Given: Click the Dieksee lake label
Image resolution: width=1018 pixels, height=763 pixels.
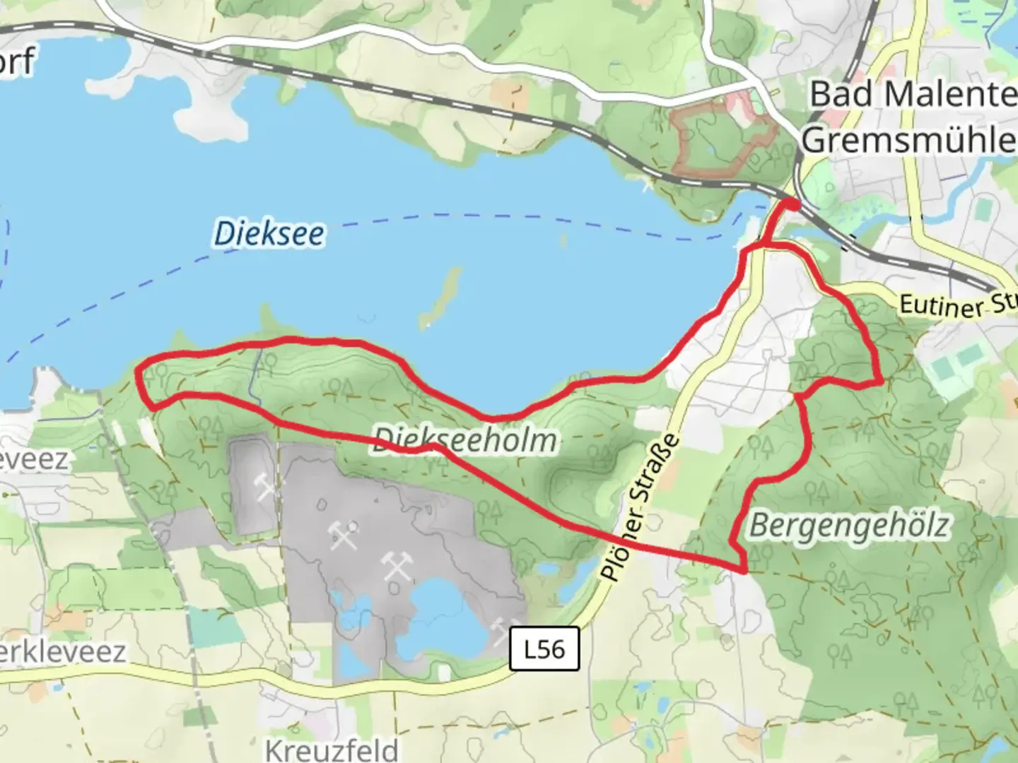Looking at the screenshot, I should click(269, 233).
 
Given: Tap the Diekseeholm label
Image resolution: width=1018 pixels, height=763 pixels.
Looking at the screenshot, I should click(464, 440).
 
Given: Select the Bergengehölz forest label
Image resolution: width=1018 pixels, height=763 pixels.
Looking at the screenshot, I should click(849, 526).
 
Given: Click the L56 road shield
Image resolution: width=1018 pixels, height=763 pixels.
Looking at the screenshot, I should click(544, 649).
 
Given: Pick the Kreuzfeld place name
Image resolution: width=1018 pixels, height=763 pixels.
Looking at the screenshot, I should click(332, 749).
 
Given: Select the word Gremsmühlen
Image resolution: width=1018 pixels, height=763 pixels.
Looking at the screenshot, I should click(909, 140).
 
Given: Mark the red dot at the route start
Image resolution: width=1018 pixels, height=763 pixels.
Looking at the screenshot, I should click(792, 205).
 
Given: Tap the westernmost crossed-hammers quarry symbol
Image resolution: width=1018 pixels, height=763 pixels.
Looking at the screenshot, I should click(265, 487).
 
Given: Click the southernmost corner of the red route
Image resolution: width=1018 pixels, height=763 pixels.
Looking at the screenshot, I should click(744, 569).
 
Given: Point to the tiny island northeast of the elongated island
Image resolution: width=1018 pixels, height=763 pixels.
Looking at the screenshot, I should click(563, 240).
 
